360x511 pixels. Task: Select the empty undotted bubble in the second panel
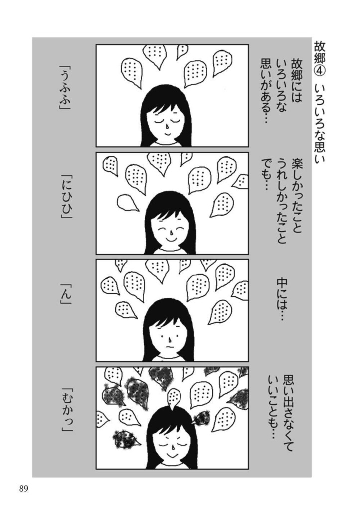tap(127, 202)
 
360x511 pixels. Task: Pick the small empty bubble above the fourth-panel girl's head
tap(173, 396)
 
